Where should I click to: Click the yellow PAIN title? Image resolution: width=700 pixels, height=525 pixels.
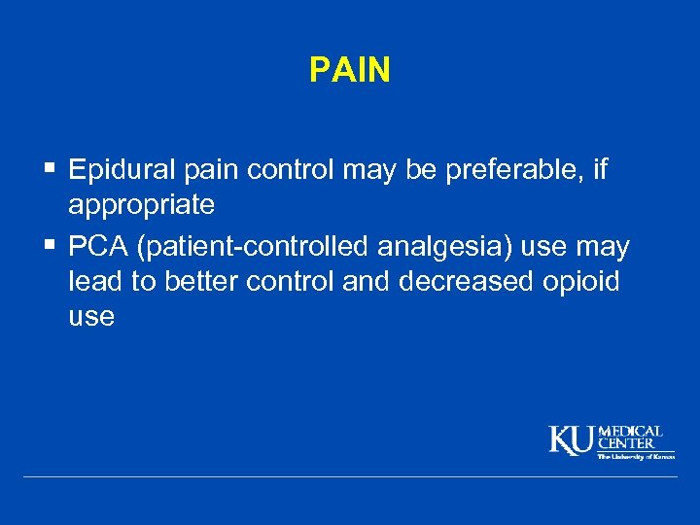point(350,70)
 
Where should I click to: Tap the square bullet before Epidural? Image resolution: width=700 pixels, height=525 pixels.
point(50,170)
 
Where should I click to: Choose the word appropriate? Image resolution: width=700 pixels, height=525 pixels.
point(142,205)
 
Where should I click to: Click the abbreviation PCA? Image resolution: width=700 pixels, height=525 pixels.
point(99,248)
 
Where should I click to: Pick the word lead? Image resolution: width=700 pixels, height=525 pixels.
point(93,282)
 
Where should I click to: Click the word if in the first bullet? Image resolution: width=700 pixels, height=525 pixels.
point(598,171)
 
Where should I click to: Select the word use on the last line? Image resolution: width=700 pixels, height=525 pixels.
point(91,317)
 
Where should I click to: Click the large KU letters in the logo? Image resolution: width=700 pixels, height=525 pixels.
point(573,440)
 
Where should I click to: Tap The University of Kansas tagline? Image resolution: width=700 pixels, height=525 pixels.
point(636,455)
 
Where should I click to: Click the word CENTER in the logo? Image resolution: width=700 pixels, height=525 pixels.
point(626,443)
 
